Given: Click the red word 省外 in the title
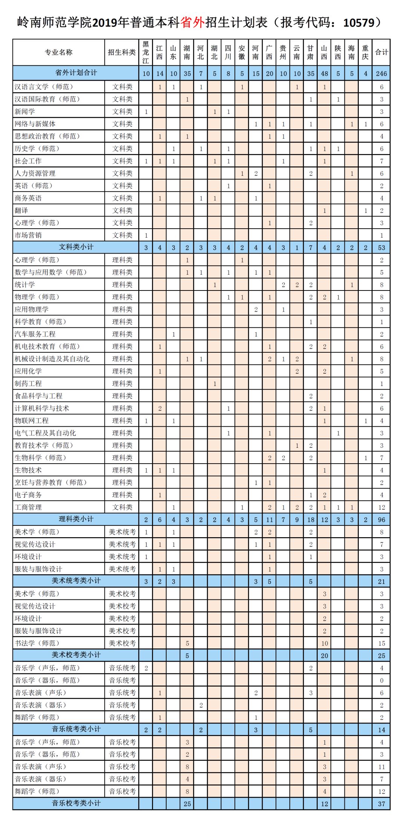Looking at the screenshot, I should coord(193,23).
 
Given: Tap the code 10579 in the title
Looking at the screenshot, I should coord(359,23).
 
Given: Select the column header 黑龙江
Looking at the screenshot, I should coord(146,52).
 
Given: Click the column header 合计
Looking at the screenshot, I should coord(381,52).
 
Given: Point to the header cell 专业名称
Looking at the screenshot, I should coord(58,52).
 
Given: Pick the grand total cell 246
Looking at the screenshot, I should coord(381,74).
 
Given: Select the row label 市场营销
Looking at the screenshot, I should coord(28,235).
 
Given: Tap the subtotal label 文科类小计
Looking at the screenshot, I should coord(76,247).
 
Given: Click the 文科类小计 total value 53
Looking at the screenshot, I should coord(381,247).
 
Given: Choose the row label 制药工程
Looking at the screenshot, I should coord(28,383).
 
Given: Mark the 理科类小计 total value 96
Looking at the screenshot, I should coord(381,519).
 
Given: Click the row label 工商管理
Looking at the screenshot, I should coord(28,507).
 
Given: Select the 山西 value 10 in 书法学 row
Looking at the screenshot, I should coord(324,643).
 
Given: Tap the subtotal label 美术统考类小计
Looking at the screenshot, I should coord(76,581).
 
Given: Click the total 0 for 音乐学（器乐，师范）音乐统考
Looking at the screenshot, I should coord(381,680).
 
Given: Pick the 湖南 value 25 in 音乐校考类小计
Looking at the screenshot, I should coord(187,804).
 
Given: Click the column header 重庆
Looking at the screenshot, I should coord(365,52).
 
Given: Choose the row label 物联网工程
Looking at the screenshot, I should coord(32,420).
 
